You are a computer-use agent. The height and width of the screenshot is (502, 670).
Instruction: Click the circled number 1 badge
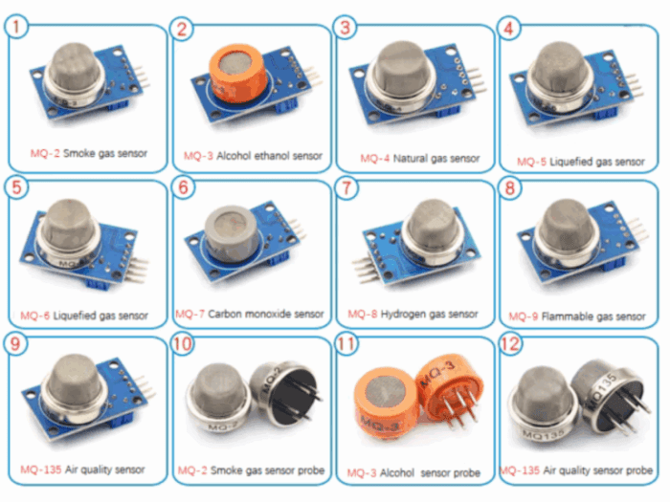(16, 27)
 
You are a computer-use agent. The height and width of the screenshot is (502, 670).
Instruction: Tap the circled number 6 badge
(183, 187)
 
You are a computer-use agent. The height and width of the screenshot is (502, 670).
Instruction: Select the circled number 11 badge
(346, 343)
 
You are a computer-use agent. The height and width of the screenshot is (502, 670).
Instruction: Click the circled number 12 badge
(510, 343)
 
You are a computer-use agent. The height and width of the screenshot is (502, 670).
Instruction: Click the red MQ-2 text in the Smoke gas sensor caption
(45, 153)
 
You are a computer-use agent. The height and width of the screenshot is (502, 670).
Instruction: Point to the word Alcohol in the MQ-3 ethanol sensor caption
(234, 156)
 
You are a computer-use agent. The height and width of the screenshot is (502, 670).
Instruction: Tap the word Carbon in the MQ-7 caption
(222, 314)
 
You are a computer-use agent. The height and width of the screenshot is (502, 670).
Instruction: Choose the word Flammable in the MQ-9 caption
(567, 316)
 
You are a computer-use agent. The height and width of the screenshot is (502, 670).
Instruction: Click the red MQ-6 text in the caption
(35, 316)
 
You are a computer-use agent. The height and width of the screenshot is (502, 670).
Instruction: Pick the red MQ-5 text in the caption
(531, 162)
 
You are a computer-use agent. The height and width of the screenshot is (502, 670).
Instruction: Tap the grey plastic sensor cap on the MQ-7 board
(232, 234)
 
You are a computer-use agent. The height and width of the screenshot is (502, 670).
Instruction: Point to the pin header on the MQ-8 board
(365, 269)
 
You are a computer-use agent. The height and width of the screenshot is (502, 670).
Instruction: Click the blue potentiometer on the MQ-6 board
(100, 283)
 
